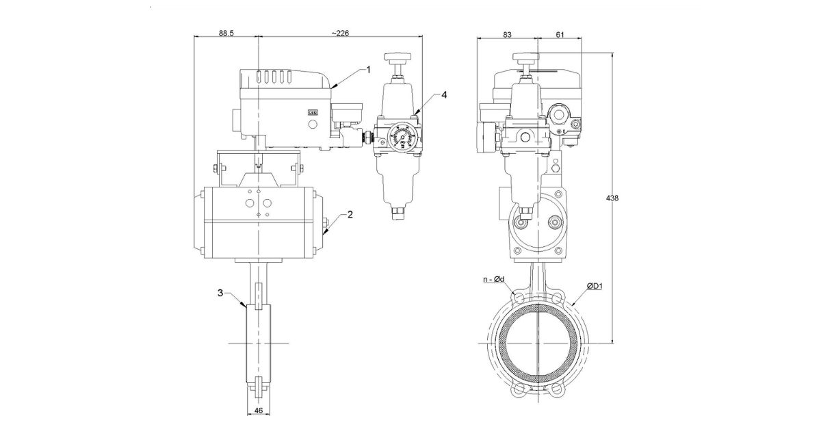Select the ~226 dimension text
[341, 32]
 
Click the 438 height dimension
[612, 198]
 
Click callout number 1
[367, 69]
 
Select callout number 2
[350, 214]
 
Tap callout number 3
[220, 293]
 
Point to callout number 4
[444, 94]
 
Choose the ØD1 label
[593, 285]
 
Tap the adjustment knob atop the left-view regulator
[395, 57]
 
